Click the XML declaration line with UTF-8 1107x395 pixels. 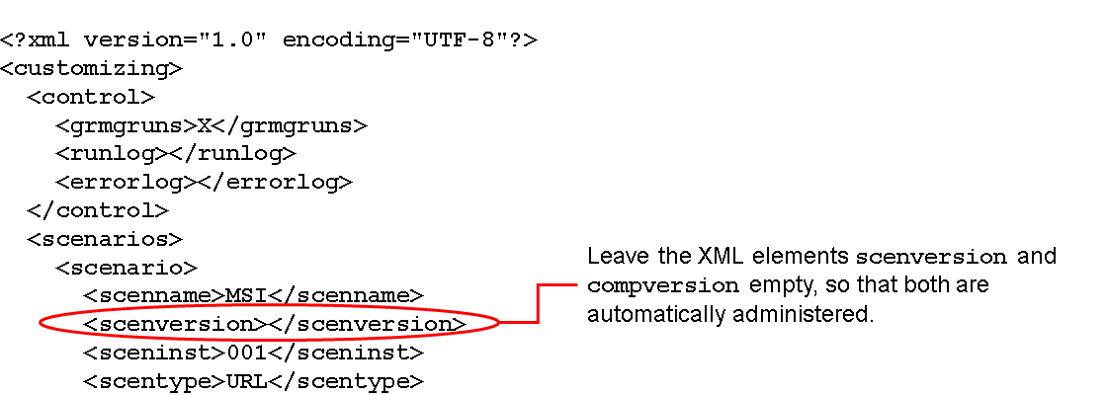[268, 40]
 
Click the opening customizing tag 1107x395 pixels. [91, 69]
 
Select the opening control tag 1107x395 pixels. [91, 97]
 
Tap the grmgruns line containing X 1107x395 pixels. [212, 125]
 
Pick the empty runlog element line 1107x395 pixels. [176, 154]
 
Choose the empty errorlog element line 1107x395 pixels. [204, 182]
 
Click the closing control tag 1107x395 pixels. [98, 210]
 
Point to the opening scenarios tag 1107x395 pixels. [105, 239]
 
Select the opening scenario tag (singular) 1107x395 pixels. [127, 268]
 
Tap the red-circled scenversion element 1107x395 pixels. [274, 324]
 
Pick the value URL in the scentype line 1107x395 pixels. [247, 381]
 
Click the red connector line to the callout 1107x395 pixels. [537, 304]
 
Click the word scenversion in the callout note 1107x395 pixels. [930, 258]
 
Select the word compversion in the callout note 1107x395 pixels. [663, 287]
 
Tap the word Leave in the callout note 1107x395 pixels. [613, 257]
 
